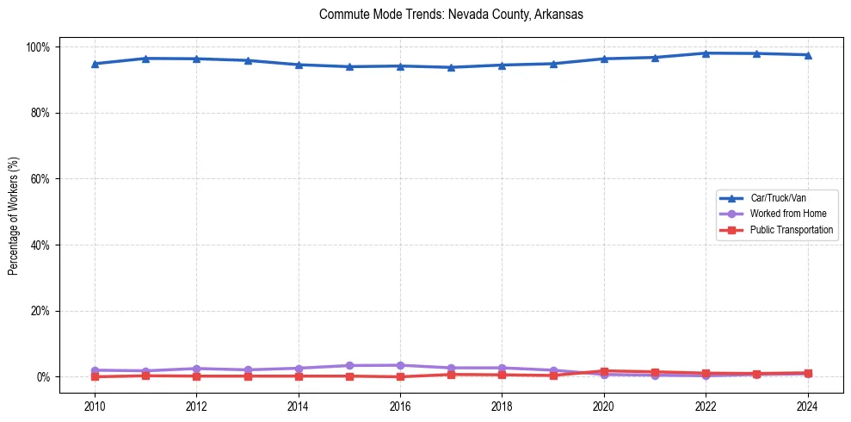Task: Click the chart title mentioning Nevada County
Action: point(451,15)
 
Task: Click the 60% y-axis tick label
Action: point(41,179)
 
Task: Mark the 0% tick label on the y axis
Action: point(44,377)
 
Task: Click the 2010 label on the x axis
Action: point(95,406)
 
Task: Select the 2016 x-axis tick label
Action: point(400,406)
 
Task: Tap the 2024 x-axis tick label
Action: point(807,406)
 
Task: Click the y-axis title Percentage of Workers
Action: point(14,211)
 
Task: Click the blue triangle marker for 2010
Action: point(95,64)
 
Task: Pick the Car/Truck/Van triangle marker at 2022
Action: point(706,53)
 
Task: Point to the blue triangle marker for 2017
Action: point(451,67)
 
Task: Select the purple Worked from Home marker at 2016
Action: point(400,365)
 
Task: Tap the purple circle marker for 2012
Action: point(196,369)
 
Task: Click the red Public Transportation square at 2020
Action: point(604,371)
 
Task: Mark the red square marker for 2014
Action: point(299,376)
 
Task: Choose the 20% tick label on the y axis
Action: point(41,311)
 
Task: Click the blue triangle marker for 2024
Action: point(807,55)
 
